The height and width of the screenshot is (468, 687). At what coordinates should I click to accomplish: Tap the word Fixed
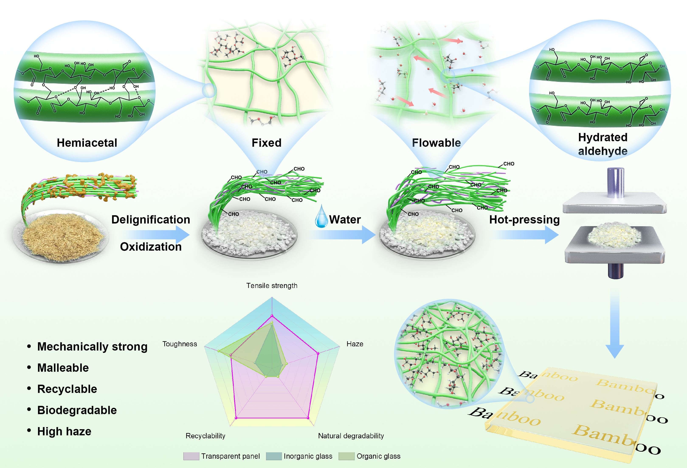(266, 143)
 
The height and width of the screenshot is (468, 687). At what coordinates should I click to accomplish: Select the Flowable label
(436, 143)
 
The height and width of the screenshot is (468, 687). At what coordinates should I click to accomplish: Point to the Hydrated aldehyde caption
(603, 144)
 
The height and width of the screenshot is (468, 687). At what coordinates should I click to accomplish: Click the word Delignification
(151, 220)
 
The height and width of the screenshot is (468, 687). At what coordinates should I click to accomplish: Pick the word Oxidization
(151, 247)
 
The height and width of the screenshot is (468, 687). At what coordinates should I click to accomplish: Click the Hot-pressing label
(524, 220)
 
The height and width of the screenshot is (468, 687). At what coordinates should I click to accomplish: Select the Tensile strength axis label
(272, 285)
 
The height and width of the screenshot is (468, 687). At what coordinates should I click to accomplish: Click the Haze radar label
(355, 344)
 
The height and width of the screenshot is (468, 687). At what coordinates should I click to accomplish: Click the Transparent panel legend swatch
(191, 456)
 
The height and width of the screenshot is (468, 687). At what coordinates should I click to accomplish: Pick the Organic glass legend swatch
(346, 456)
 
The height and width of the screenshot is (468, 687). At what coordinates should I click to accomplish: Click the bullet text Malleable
(63, 368)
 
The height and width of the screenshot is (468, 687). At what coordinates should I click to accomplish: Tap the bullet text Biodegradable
(77, 410)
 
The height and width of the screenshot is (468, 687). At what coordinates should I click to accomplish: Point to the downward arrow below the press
(615, 325)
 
